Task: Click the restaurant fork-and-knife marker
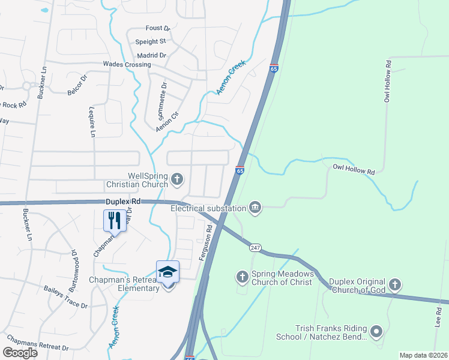[x=114, y=220]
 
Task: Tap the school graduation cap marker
[x=167, y=272]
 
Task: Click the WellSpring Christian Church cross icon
[x=177, y=178]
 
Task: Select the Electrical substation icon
[x=255, y=208]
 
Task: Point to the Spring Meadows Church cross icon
[x=242, y=277]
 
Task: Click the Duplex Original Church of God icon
[x=394, y=284]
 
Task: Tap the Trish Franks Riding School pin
[x=376, y=331]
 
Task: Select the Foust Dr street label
[x=158, y=28]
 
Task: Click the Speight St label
[x=150, y=41]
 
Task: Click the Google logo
[x=20, y=353]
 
